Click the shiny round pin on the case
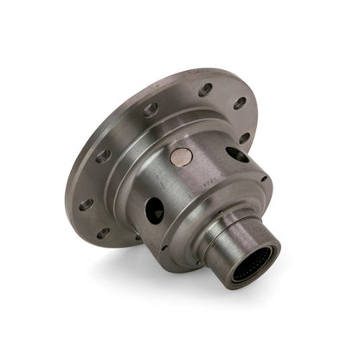click(183, 157)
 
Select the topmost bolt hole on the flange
click(206, 88)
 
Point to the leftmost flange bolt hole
click(86, 205)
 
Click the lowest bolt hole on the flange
click(104, 233)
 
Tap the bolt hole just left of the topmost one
click(152, 110)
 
